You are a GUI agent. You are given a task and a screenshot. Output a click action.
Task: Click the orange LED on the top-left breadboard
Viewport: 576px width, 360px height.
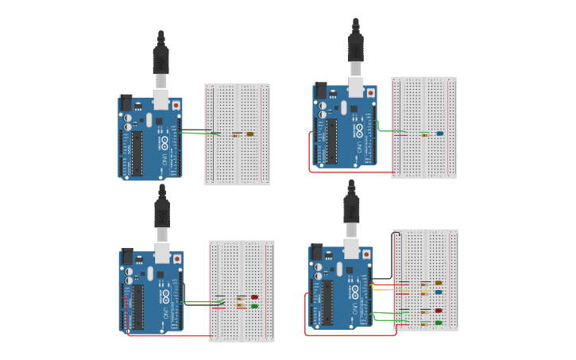point(250,134)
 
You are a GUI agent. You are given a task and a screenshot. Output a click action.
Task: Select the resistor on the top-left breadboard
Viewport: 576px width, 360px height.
point(235,135)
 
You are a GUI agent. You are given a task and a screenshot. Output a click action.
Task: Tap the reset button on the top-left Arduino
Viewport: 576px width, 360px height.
point(176,105)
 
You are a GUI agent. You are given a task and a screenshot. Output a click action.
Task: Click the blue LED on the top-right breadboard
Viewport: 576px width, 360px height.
point(439,134)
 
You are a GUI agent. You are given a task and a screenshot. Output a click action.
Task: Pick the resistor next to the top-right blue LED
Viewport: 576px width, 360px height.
point(424,134)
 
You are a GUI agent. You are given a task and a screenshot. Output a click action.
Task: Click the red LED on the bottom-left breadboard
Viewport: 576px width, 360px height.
point(254,297)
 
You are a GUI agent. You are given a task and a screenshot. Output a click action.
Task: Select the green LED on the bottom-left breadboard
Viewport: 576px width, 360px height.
point(254,306)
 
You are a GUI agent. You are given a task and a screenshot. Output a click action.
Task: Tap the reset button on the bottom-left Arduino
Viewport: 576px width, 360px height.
point(176,258)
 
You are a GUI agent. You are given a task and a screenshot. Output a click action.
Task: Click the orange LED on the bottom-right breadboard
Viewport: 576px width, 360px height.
point(438,283)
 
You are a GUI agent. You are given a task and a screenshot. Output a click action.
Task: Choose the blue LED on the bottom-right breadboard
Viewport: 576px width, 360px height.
point(438,292)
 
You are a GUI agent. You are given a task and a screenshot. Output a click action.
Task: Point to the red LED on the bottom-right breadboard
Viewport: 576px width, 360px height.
point(438,311)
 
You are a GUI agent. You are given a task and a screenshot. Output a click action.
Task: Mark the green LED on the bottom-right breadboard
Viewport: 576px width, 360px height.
point(438,323)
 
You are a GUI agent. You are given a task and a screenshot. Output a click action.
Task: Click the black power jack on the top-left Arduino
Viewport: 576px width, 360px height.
point(125,102)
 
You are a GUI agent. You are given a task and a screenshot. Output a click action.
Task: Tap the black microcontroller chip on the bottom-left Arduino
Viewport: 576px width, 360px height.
point(137,306)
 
